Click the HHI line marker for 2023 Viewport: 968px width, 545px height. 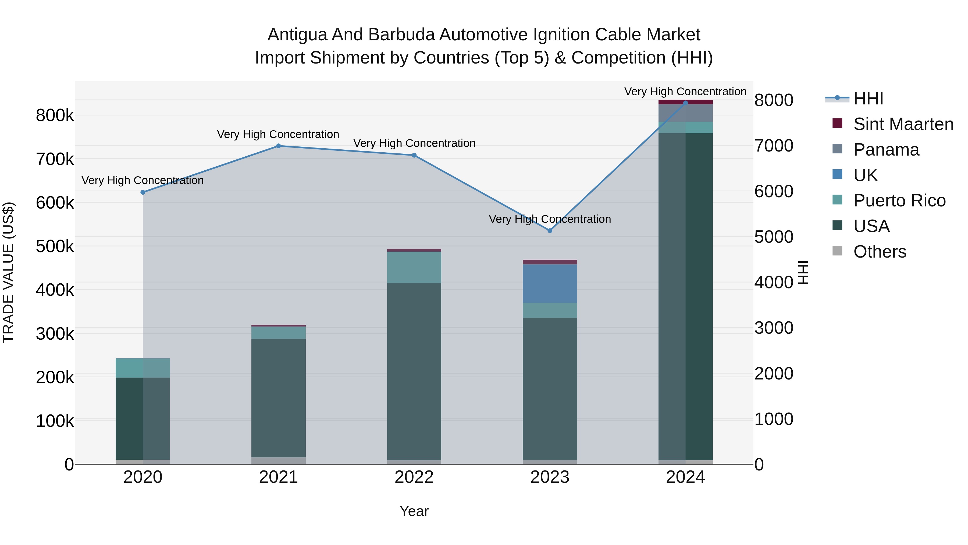point(550,231)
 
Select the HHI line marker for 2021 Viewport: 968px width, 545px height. point(279,146)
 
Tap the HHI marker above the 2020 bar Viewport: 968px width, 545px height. point(143,192)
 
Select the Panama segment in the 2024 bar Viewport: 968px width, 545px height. point(685,113)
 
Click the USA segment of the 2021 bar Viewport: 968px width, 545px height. point(279,398)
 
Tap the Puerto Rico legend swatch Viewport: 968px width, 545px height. point(838,200)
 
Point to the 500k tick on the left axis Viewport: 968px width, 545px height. point(55,247)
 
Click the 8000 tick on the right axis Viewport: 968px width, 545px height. point(774,100)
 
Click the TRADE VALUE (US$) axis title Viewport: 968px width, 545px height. point(8,272)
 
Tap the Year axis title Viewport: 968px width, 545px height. point(414,511)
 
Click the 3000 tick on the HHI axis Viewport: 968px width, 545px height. point(774,328)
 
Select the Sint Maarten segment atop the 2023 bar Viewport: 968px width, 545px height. point(550,262)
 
